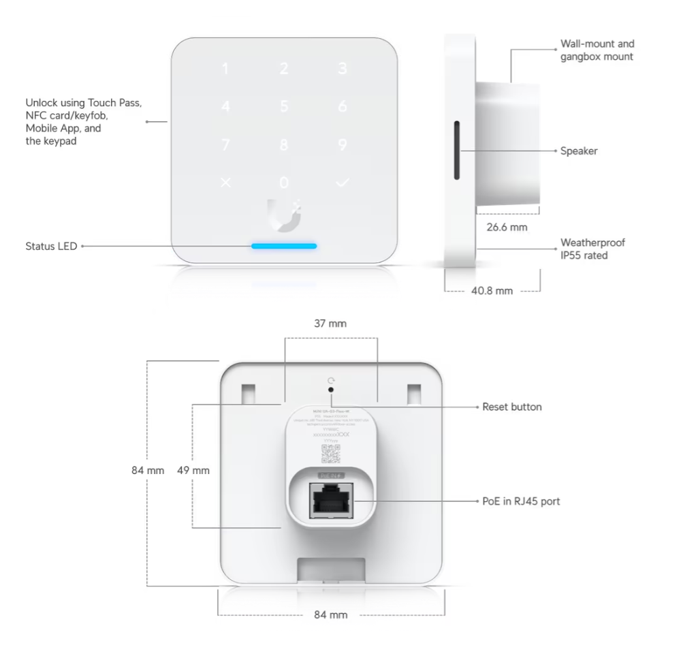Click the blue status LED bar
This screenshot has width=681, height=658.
[284, 245]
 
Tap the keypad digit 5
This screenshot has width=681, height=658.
[284, 107]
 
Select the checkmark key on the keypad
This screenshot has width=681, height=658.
[343, 183]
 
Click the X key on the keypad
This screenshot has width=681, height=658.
[226, 183]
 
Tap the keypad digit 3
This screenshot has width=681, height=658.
[343, 69]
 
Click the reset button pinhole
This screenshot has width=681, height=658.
[332, 390]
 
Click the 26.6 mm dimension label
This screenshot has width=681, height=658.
[507, 226]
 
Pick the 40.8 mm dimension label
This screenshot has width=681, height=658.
[492, 291]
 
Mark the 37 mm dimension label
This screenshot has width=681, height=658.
[331, 324]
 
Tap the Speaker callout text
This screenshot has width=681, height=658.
[578, 151]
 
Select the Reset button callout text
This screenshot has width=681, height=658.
[511, 407]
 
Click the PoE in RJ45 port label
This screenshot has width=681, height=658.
[521, 501]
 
